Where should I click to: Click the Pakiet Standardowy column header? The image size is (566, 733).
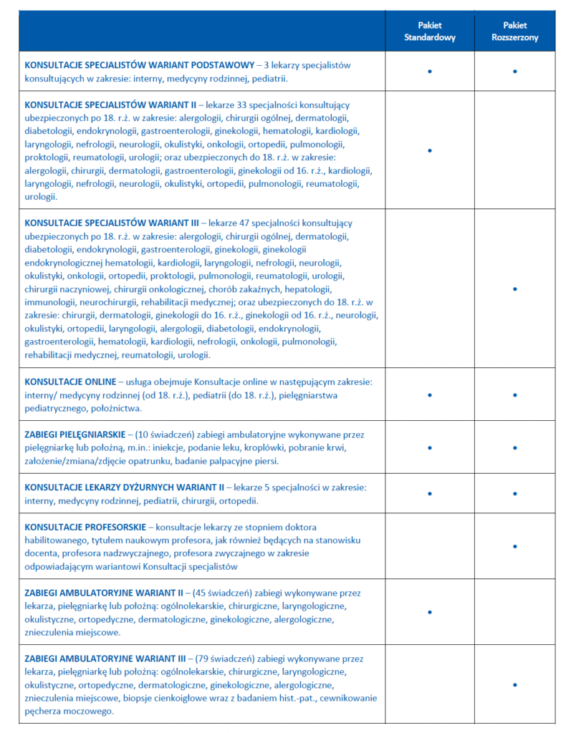[x=429, y=31]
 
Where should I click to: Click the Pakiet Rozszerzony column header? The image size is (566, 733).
[x=515, y=31]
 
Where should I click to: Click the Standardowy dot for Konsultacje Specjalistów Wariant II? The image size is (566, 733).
[x=429, y=150]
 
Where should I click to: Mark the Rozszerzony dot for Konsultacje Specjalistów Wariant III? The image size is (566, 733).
[x=515, y=288]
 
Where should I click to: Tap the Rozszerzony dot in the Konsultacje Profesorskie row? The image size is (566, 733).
[x=515, y=547]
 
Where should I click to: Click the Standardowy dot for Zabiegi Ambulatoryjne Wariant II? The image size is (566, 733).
[x=429, y=612]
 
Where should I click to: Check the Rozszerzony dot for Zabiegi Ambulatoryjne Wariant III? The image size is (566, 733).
[x=515, y=685]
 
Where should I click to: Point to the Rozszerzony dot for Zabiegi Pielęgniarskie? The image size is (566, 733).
[x=515, y=448]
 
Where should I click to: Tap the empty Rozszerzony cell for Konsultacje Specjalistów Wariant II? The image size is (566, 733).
[x=515, y=150]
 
